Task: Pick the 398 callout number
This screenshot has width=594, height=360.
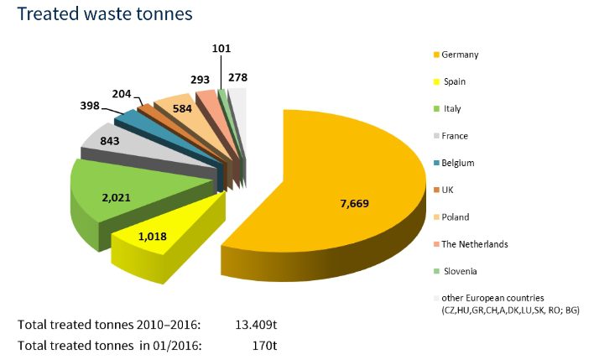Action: pyautogui.click(x=86, y=107)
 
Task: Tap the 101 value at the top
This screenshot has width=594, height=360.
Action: pyautogui.click(x=221, y=50)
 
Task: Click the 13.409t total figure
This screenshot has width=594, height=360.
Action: pyautogui.click(x=253, y=322)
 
